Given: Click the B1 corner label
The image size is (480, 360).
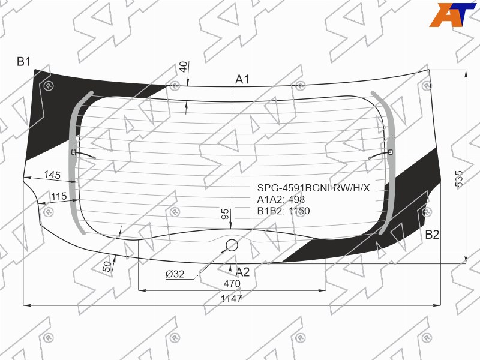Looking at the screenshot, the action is (23, 62).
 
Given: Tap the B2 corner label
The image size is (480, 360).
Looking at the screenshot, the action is (432, 235).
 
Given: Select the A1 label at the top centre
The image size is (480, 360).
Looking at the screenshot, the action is (242, 80).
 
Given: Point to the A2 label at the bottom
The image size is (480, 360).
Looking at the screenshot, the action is (243, 272).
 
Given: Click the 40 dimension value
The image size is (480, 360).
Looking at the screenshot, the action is (183, 67).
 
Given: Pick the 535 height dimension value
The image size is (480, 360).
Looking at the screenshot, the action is (459, 178).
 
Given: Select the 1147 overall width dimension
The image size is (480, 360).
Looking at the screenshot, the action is (232, 298).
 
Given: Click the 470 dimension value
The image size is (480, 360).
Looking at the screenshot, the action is (232, 284).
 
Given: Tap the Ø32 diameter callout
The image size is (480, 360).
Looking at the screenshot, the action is (175, 274).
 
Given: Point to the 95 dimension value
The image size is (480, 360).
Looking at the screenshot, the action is (224, 214).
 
